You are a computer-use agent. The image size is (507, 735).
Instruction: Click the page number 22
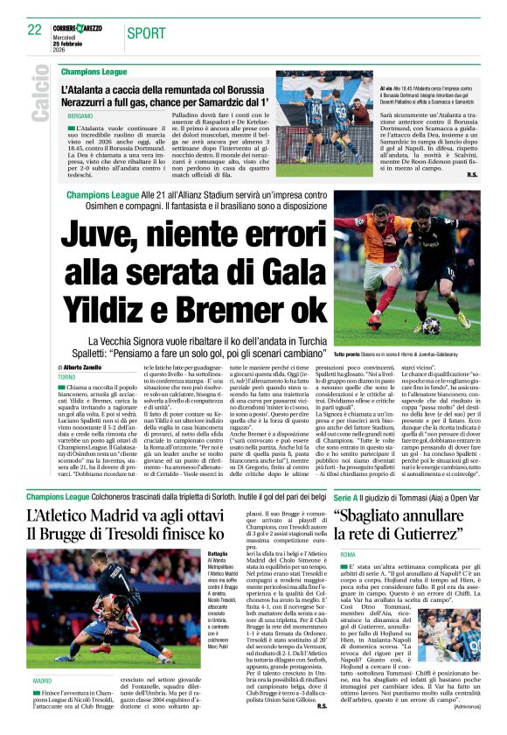click(35, 30)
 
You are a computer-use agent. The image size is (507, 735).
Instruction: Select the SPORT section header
click(145, 32)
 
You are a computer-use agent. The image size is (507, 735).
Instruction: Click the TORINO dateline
click(67, 378)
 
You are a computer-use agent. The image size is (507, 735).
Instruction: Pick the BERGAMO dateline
click(80, 115)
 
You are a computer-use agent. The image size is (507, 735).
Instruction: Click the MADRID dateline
click(42, 679)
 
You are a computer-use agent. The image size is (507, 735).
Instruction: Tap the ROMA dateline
click(348, 555)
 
